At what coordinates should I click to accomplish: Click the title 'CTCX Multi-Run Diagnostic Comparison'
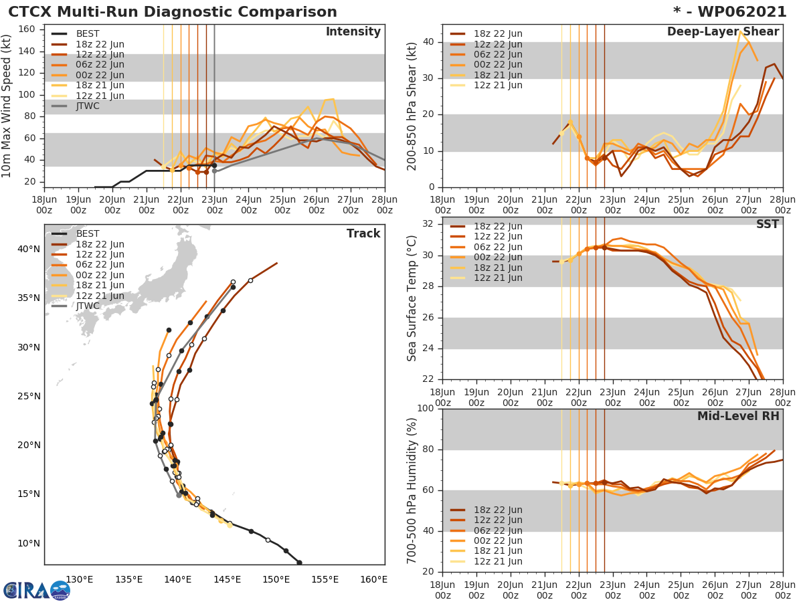(173, 12)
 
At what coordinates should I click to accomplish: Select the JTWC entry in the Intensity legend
(88, 106)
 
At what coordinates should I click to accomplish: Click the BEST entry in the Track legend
(88, 233)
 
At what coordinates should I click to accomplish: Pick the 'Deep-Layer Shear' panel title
(723, 32)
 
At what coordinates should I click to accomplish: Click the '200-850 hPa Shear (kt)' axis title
(413, 106)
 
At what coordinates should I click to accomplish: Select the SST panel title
(767, 224)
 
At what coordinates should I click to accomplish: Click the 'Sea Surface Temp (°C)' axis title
(413, 298)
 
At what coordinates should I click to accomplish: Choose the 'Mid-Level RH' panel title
(738, 416)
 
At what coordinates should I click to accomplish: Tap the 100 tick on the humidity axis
(426, 409)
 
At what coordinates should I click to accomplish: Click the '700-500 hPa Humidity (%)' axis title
(413, 490)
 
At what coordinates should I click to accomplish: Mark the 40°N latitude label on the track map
(29, 249)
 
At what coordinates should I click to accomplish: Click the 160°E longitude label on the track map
(374, 579)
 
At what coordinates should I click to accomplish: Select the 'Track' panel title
(363, 233)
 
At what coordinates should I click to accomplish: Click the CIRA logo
(36, 590)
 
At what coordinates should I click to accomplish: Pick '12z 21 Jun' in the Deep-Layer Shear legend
(498, 85)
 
